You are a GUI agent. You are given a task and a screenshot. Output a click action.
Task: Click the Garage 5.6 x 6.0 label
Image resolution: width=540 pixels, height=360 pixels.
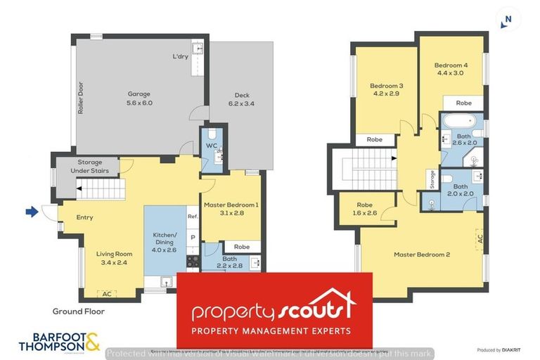coord(139,98)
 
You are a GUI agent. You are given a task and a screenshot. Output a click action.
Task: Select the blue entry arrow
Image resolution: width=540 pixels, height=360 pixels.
coord(30,211)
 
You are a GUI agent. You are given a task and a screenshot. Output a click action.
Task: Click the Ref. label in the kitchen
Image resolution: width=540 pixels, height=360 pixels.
coord(192,217)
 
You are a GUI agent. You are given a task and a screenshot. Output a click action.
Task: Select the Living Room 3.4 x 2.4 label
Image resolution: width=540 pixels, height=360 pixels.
coord(114,259)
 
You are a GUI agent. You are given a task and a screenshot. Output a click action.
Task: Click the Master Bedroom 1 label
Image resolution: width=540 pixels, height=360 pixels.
coord(231,209)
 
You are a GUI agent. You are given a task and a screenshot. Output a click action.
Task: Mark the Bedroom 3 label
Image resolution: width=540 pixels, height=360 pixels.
coord(386,89)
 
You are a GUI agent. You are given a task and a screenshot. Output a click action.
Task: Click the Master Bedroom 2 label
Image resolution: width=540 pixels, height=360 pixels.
coord(421,254)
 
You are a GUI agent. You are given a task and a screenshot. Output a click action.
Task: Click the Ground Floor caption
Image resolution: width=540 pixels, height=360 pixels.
coord(79,311)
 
